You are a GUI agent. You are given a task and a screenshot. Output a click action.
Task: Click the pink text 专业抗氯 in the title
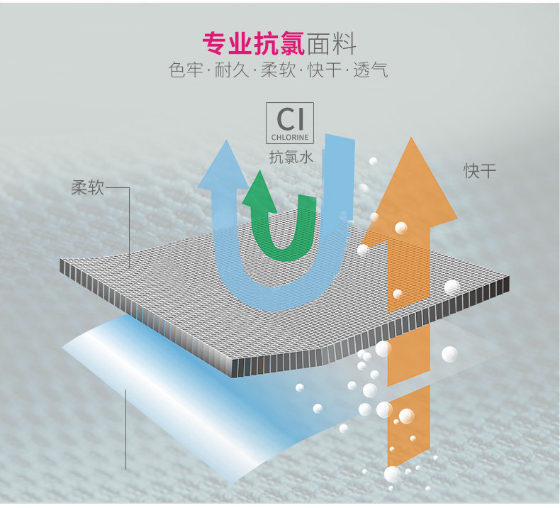[253, 44]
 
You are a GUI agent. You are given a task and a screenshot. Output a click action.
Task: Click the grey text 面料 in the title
[331, 44]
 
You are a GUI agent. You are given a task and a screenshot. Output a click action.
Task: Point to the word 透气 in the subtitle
[370, 71]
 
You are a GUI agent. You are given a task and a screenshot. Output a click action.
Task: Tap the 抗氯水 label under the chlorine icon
[291, 158]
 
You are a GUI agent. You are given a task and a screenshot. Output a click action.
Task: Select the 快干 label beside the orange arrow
[481, 171]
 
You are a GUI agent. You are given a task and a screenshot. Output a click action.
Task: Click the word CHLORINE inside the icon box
[289, 136]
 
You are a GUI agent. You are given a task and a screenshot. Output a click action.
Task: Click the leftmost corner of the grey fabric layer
[63, 267]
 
